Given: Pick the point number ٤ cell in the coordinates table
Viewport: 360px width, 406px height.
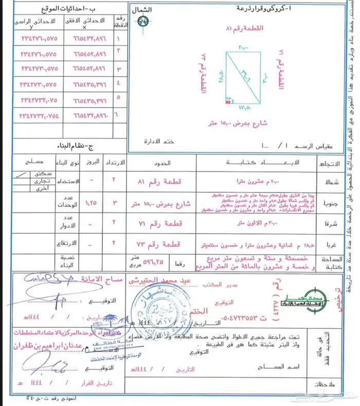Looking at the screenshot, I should (x=120, y=82).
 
